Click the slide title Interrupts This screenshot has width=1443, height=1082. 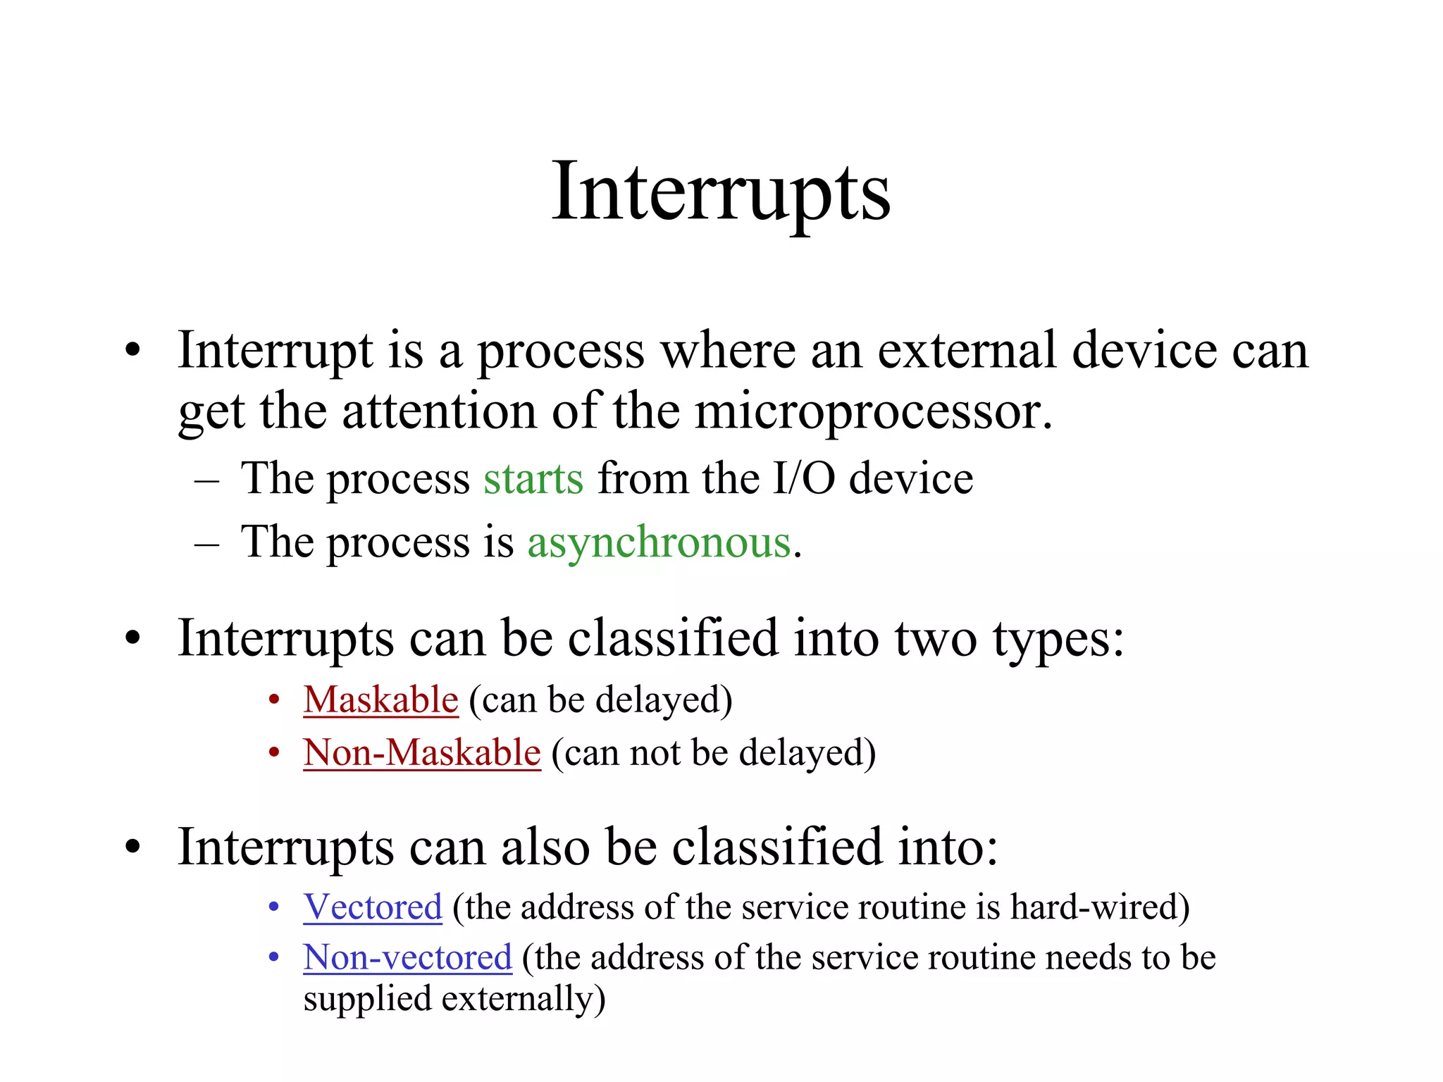tap(721, 192)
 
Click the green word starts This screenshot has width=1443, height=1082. tap(533, 479)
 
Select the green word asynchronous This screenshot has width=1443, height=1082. tap(659, 542)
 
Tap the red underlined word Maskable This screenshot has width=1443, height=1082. tap(381, 699)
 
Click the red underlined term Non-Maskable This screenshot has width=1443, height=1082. tap(422, 752)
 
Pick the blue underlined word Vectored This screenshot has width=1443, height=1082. tap(373, 907)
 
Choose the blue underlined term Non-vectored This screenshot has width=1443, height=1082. tap(407, 958)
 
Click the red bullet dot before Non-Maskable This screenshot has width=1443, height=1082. tap(275, 752)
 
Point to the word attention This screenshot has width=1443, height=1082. tap(439, 412)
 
